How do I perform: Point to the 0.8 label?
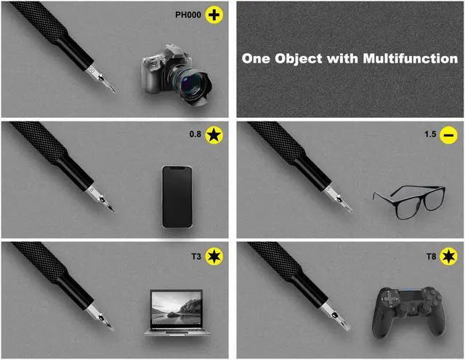click(195, 135)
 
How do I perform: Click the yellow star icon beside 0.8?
click(214, 135)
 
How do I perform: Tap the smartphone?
click(177, 196)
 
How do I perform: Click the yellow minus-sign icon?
click(448, 135)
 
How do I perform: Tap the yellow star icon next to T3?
click(214, 255)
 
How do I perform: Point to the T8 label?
click(431, 255)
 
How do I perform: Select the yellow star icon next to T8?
click(449, 255)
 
